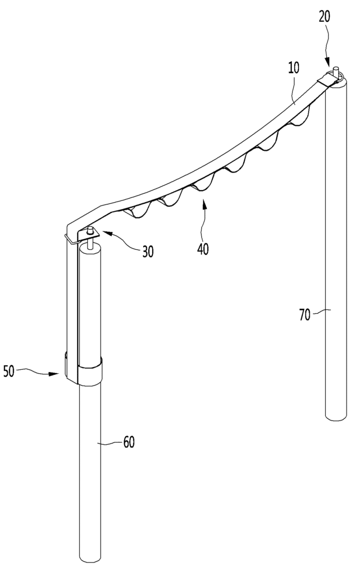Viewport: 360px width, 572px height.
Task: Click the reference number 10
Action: coord(293,68)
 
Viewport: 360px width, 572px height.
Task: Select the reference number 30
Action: coord(148,251)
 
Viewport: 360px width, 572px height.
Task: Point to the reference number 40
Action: coord(203,249)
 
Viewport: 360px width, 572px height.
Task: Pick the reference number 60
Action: coord(129,442)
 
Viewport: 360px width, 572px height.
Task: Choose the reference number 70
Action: coord(305,314)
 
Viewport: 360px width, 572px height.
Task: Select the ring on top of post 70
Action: coord(338,75)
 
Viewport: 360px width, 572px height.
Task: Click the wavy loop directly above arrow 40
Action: coord(201,185)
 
